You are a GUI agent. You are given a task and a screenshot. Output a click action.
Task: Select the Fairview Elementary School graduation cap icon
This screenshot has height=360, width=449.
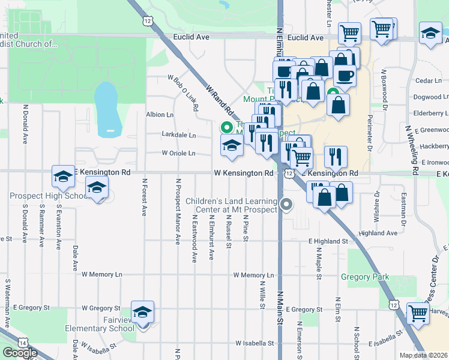pos(143,312)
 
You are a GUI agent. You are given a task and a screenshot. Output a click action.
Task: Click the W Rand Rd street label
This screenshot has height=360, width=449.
pos(218,100)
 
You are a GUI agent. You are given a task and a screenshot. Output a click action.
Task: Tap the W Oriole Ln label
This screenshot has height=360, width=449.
pos(178,154)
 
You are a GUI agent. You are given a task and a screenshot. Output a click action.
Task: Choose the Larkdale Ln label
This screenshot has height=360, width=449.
pos(179,135)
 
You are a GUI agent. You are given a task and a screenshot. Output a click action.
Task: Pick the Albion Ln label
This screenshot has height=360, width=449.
pos(159,115)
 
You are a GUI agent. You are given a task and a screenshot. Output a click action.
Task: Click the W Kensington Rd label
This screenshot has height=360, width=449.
pos(244,173)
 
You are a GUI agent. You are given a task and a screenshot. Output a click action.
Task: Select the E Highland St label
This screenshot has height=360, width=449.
pos(328,241)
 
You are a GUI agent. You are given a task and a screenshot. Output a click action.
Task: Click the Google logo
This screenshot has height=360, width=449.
pos(20,353)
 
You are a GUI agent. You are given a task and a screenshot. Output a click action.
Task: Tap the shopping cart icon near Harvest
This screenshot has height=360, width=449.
pos(418,313)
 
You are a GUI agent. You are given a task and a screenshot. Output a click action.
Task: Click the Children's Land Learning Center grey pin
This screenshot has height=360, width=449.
pos(286,205)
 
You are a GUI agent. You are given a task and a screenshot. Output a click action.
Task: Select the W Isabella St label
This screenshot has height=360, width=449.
pos(255,344)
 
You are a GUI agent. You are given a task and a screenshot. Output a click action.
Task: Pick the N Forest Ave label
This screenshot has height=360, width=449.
pos(144,196)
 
